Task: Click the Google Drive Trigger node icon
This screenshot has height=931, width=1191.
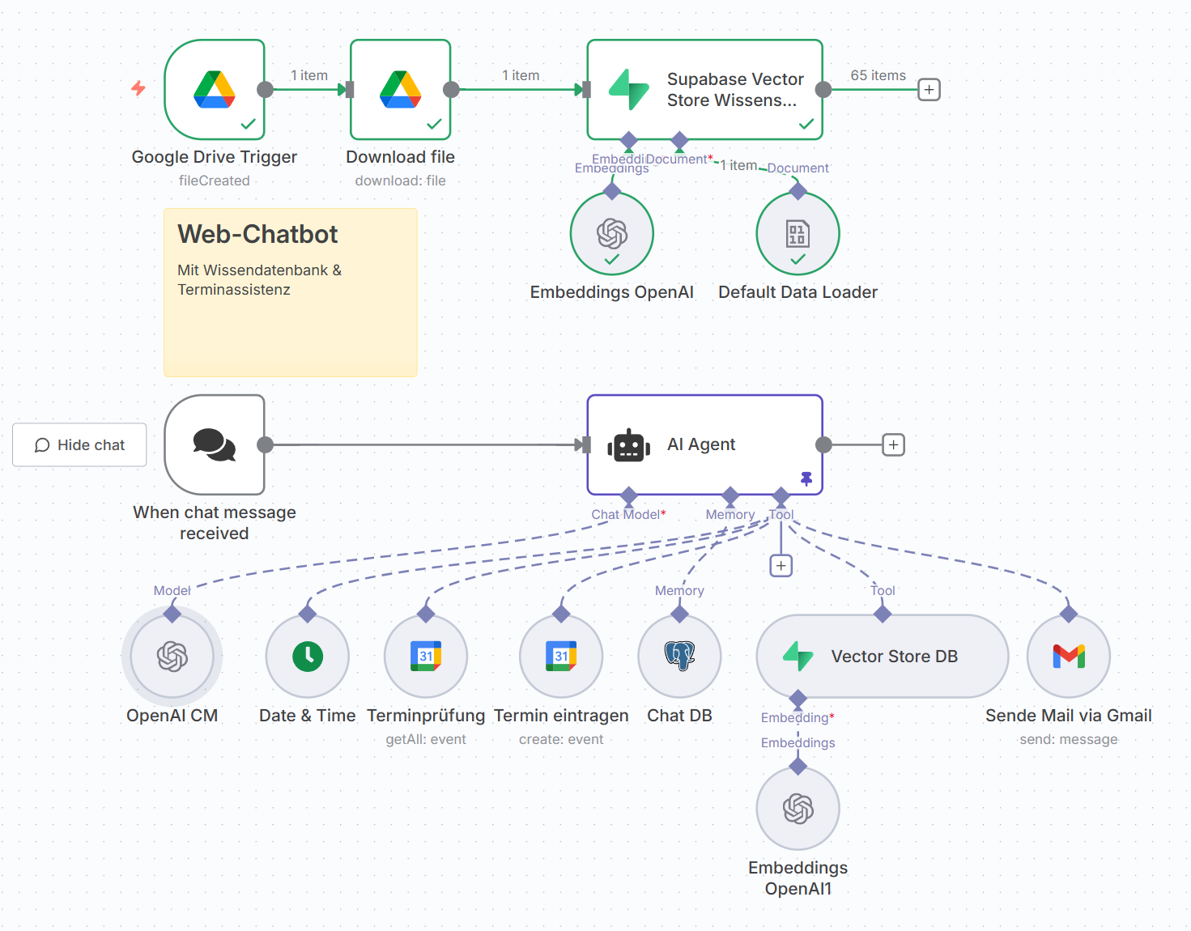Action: click(215, 89)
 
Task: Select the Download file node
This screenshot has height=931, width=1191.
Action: click(400, 89)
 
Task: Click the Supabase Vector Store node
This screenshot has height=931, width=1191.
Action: click(704, 89)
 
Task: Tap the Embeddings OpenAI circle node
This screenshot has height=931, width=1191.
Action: click(612, 234)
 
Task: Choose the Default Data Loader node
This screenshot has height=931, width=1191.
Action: click(798, 234)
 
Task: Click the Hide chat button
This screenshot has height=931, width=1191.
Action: click(79, 445)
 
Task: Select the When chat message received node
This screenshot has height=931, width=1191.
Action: click(215, 444)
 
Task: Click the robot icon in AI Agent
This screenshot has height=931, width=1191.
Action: click(629, 445)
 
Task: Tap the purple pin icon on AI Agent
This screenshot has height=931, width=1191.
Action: click(806, 478)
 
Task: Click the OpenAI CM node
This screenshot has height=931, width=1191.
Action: click(172, 657)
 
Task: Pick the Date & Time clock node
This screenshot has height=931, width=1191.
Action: click(308, 657)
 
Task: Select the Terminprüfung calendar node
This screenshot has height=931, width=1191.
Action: click(426, 657)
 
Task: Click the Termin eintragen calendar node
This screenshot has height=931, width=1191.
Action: click(561, 657)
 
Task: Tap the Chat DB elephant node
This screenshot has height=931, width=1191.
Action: click(679, 657)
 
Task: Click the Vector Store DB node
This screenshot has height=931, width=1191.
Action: click(883, 657)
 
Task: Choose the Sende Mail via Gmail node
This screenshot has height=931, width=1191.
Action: click(1069, 657)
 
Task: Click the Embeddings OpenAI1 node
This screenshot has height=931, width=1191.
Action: click(798, 809)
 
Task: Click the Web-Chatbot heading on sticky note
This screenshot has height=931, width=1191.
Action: click(257, 235)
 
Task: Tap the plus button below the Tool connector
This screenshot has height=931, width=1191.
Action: click(781, 566)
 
